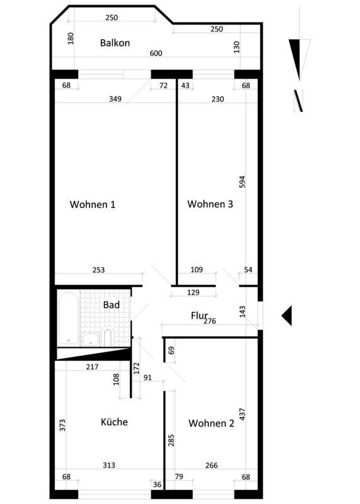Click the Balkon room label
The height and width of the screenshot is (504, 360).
click(115, 43)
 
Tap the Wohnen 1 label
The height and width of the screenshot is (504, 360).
click(92, 204)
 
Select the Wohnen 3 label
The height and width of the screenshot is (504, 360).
click(210, 203)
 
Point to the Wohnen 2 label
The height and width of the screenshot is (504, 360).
click(211, 423)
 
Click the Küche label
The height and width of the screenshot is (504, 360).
click(114, 421)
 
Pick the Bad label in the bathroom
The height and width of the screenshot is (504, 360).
click(112, 305)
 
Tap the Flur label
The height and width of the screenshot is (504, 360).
click(199, 316)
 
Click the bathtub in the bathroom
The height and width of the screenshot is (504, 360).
click(68, 318)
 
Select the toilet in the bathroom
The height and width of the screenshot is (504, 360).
click(107, 337)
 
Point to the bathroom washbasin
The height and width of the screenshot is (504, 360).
click(91, 340)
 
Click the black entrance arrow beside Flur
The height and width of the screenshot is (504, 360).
click(287, 316)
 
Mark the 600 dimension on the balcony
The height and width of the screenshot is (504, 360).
click(156, 54)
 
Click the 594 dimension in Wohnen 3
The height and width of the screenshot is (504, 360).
click(243, 182)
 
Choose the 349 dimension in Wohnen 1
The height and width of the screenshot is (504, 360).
click(115, 99)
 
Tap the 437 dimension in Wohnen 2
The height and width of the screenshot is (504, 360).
click(242, 415)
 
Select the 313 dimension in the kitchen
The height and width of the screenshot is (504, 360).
click(109, 465)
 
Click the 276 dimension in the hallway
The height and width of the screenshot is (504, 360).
click(210, 321)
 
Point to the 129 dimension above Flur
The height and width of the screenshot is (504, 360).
click(193, 292)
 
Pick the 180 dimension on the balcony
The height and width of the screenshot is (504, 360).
click(71, 38)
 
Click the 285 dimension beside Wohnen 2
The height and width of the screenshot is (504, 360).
click(171, 440)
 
